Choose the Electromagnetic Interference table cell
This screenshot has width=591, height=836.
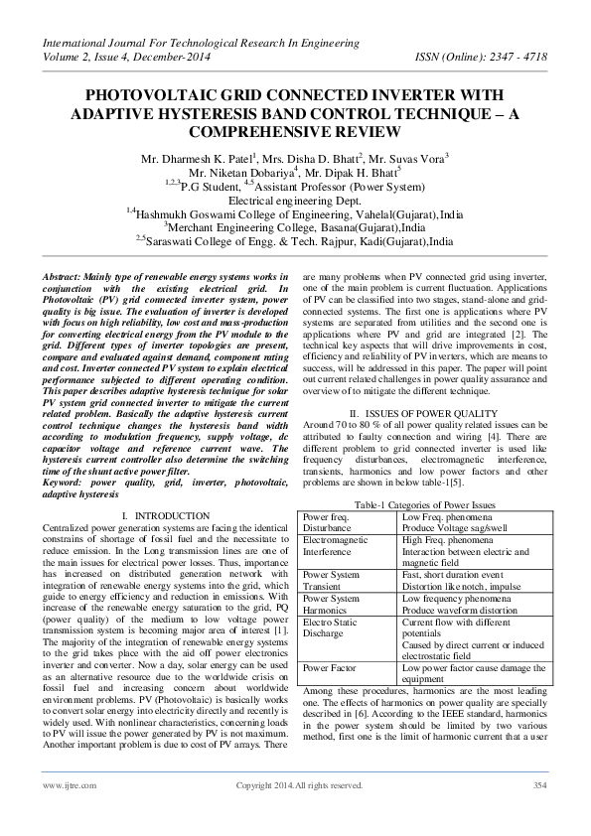(x=338, y=545)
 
